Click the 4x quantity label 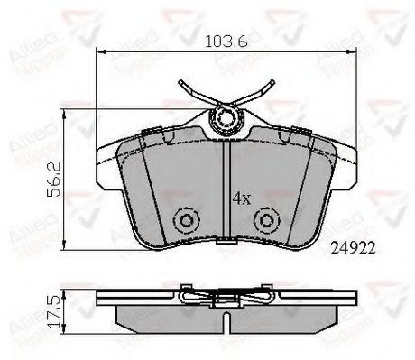click(x=241, y=196)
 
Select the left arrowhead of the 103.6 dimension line click(x=100, y=51)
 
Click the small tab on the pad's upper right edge click(x=304, y=134)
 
